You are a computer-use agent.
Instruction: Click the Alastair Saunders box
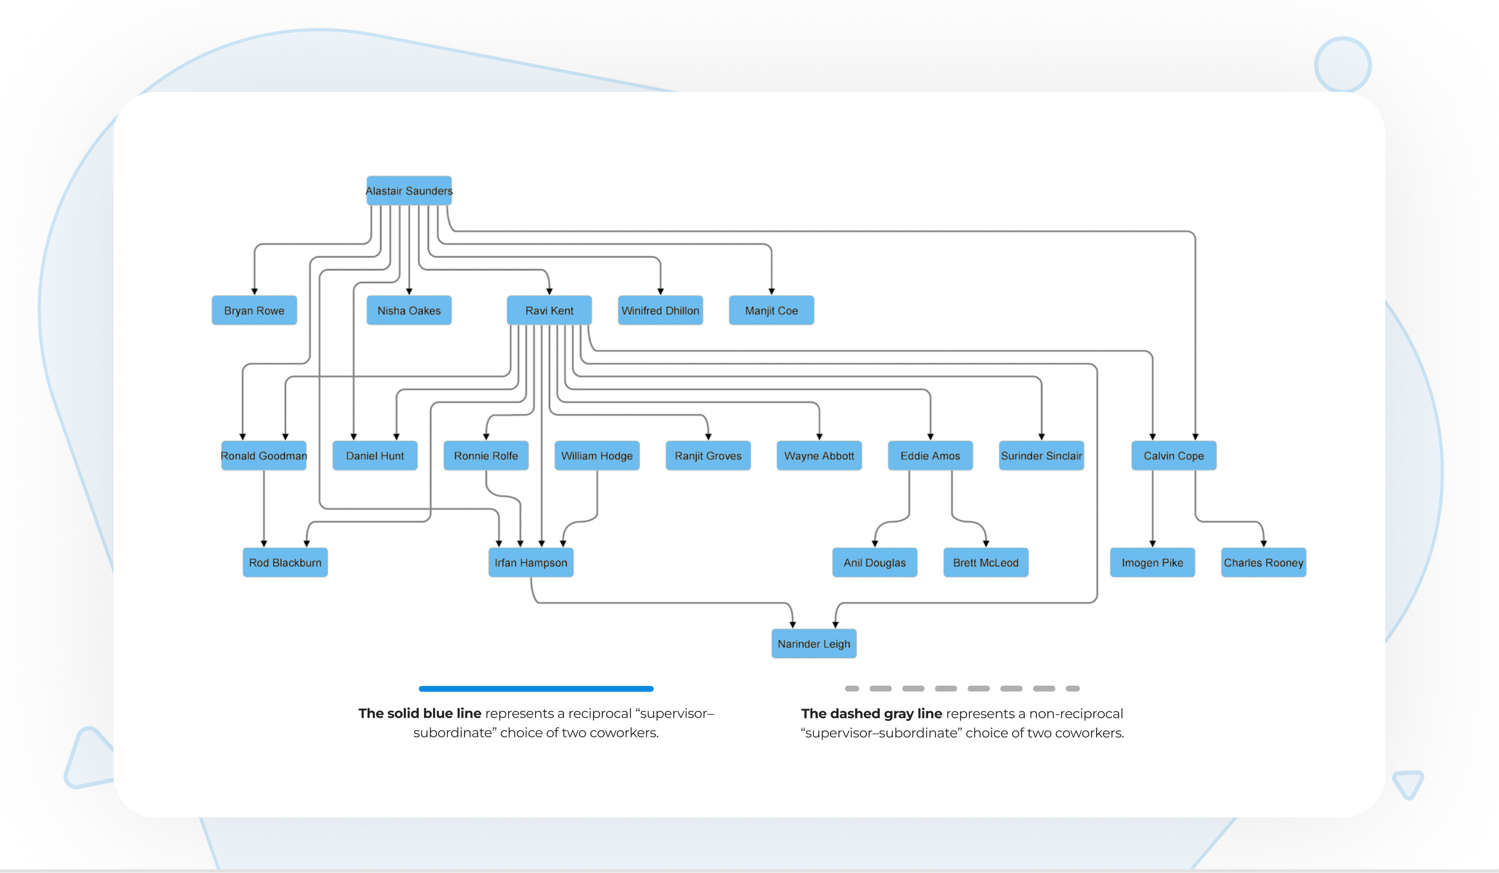[x=408, y=191]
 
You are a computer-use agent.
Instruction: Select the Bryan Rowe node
[x=254, y=310]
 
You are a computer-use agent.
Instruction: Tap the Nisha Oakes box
[x=408, y=310]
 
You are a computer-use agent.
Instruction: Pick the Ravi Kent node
[x=549, y=310]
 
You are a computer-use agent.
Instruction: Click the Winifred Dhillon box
[x=660, y=310]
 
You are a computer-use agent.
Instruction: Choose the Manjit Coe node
[x=771, y=310]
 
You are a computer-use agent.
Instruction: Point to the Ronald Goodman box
[x=263, y=455]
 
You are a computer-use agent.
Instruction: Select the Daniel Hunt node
[x=375, y=455]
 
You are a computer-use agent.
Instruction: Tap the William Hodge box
[x=597, y=455]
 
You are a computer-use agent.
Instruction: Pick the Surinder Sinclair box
[x=1041, y=455]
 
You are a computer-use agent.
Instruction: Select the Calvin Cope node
[x=1173, y=455]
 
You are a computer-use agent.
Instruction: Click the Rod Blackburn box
[x=285, y=563]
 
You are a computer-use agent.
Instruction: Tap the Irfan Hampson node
[x=531, y=563]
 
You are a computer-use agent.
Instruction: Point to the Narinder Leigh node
[x=814, y=643]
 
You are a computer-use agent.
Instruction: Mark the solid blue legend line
[x=536, y=688]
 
